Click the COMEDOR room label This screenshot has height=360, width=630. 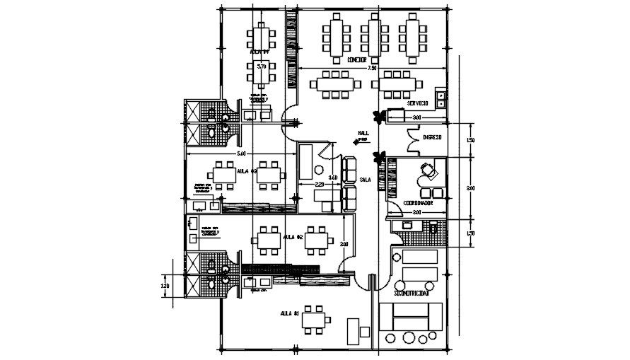point(356,61)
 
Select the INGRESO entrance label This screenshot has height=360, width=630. point(431,137)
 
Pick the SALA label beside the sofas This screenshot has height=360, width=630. point(366,180)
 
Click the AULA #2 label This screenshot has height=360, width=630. point(293,237)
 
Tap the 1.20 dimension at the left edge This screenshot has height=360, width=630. point(165,286)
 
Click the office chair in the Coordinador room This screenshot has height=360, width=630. point(426,170)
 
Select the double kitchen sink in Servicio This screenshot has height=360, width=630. point(441,98)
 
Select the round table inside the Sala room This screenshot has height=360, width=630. point(318,171)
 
